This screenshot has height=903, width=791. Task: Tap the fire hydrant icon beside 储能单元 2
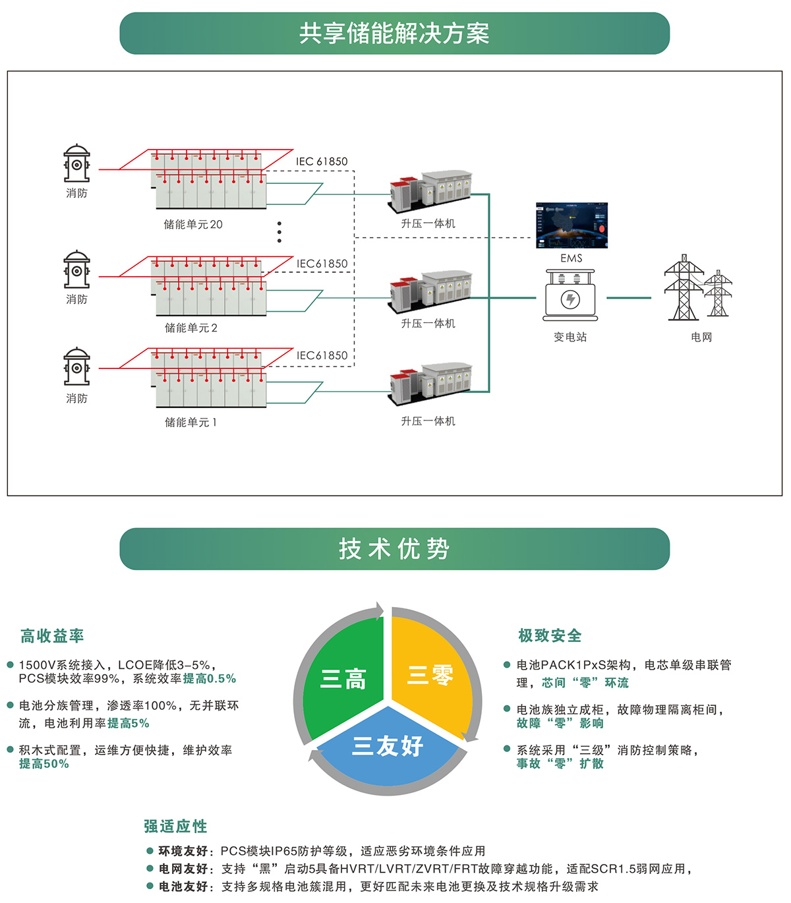tap(76, 270)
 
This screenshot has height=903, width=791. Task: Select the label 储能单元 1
tap(190, 422)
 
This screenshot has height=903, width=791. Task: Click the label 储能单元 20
tap(193, 224)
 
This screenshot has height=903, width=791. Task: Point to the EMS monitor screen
tap(571, 225)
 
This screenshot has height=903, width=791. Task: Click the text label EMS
tap(571, 258)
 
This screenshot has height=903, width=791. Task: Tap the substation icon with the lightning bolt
tap(570, 297)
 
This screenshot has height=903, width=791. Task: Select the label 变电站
tap(570, 337)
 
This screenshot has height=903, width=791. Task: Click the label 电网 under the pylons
tap(701, 337)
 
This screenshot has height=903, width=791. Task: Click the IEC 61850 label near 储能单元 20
tap(322, 161)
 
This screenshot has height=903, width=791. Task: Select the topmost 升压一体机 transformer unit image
tap(430, 191)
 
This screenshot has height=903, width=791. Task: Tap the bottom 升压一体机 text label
tap(428, 421)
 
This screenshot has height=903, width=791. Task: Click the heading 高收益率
tap(52, 636)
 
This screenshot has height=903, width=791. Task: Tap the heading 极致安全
tap(550, 635)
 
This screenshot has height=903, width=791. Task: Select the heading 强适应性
tap(175, 826)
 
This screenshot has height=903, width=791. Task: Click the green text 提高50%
tap(44, 764)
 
